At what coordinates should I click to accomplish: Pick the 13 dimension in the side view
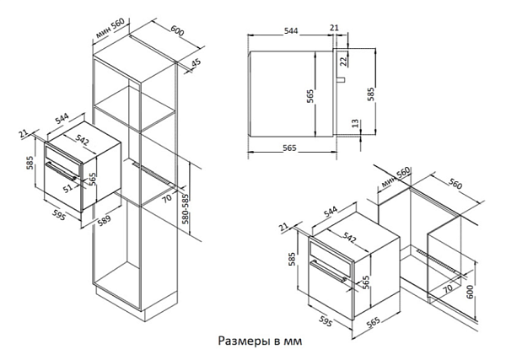(355, 125)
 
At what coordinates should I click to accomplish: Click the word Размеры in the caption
(244, 341)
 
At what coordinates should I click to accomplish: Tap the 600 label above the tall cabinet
(176, 30)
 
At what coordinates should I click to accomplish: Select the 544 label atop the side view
(291, 31)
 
